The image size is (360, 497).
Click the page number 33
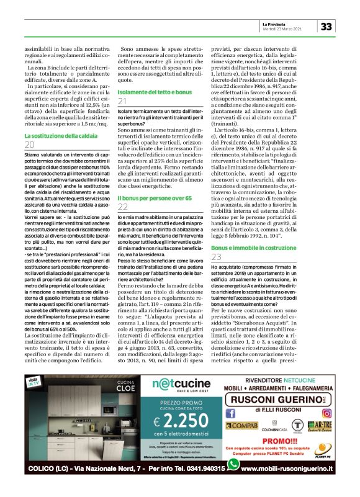tap(326, 25)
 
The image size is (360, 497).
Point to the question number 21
tap(123, 101)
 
